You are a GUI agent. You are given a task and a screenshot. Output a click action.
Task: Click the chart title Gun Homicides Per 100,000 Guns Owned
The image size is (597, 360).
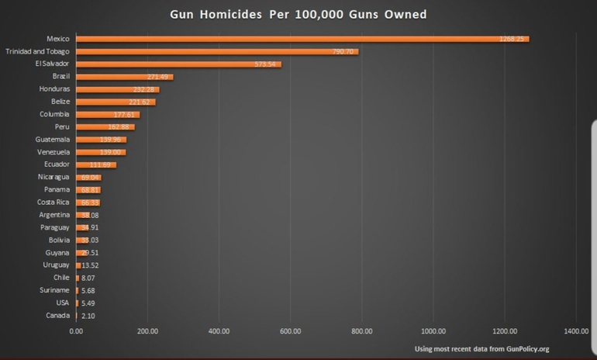(298, 14)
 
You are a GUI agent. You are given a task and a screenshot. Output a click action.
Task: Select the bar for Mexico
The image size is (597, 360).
(302, 39)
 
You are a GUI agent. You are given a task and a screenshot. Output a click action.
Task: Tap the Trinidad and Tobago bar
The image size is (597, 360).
(217, 51)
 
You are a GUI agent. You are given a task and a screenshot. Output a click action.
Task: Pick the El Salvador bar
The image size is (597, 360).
(178, 64)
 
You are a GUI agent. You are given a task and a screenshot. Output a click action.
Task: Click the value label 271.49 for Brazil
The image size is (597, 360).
(158, 77)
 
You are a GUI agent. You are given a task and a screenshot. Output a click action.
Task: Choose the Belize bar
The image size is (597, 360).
(116, 102)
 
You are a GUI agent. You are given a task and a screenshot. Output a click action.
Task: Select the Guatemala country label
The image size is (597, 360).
(53, 140)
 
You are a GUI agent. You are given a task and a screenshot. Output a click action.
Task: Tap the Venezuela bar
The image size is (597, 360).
(101, 152)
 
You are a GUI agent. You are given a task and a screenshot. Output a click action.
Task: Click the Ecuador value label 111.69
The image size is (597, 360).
(102, 164)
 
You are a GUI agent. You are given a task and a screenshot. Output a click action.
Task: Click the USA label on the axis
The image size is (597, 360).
(63, 303)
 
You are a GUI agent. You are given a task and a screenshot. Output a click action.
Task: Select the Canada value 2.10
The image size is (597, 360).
(88, 316)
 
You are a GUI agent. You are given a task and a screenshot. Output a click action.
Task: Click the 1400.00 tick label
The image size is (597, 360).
(576, 331)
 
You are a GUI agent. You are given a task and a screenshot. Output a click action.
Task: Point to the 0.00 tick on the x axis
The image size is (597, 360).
(76, 331)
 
